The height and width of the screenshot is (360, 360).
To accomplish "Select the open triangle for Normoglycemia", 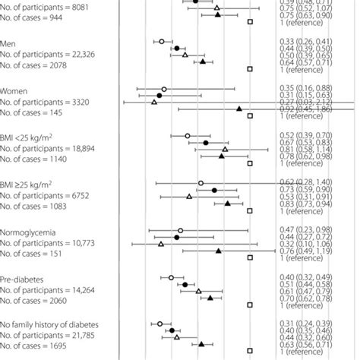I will [161, 244].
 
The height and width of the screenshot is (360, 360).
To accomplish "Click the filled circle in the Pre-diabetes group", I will [185, 285].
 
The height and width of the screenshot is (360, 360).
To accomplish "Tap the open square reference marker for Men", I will [250, 69].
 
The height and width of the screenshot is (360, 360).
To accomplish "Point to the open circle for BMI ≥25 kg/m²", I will [201, 183].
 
